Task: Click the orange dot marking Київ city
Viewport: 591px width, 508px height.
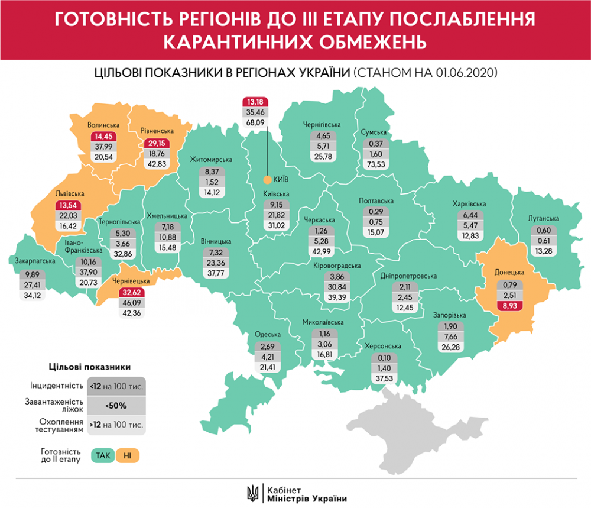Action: tap(267, 180)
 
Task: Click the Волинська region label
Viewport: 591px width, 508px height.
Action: tap(103, 125)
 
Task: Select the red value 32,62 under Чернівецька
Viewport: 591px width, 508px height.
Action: tap(128, 292)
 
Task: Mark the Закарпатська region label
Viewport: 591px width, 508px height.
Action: tap(33, 260)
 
